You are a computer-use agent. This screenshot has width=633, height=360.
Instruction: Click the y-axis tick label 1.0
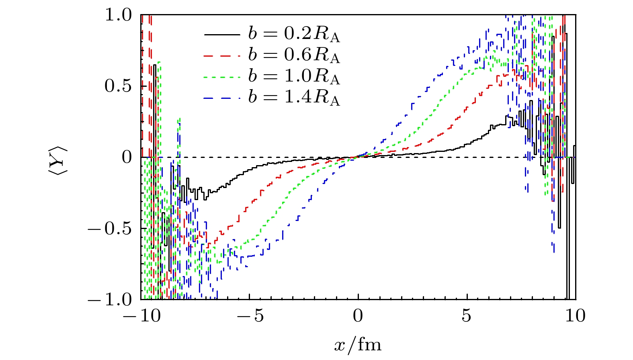(118, 15)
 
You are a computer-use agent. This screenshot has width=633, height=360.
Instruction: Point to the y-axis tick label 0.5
(118, 86)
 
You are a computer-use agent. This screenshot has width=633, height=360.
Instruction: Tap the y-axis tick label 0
(127, 157)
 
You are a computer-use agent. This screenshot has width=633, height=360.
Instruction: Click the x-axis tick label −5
(250, 316)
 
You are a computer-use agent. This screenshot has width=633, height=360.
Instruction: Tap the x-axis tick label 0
(358, 316)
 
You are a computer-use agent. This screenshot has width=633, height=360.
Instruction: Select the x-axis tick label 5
(466, 316)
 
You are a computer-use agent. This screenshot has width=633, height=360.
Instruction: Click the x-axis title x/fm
(358, 345)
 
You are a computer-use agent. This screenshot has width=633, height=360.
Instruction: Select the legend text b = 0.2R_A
(294, 34)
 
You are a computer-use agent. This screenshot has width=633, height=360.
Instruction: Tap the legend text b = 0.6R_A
(294, 55)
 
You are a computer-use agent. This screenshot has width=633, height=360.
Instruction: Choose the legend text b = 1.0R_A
(294, 77)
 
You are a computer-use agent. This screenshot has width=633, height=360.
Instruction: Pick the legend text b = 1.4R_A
(294, 98)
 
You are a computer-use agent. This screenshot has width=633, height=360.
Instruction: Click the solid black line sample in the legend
(222, 35)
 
